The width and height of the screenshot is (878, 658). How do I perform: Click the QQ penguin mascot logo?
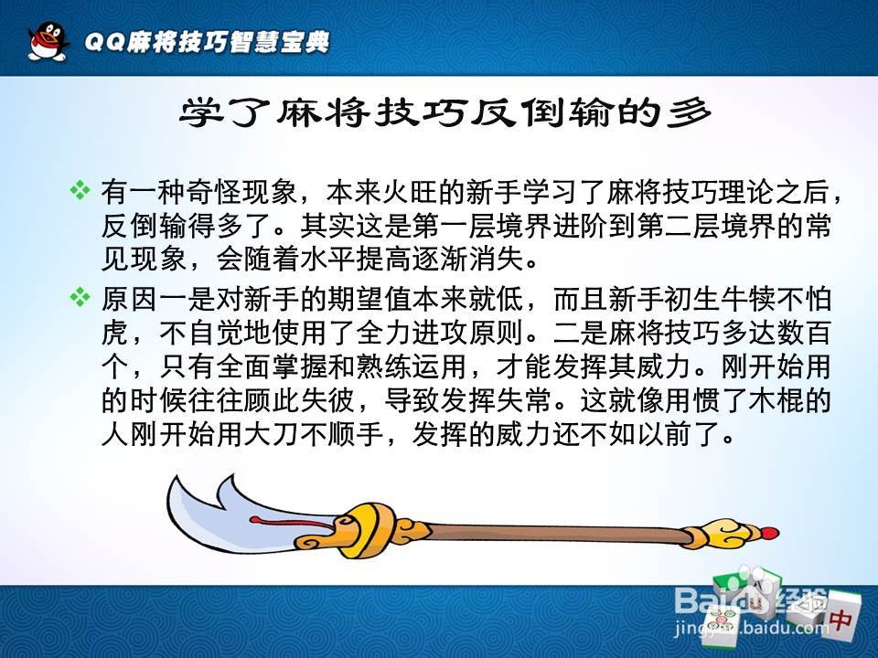[x=48, y=40]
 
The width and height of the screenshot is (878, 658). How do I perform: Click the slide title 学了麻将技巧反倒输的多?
[x=445, y=113]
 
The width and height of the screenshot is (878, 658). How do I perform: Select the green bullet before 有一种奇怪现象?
[x=80, y=191]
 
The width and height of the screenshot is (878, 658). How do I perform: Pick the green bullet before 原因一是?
[x=80, y=297]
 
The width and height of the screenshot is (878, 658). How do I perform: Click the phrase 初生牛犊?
[x=719, y=299]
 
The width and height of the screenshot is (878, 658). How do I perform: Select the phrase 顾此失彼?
[x=299, y=400]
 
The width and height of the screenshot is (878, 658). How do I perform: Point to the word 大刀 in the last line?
[x=271, y=433]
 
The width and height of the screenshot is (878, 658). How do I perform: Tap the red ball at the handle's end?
[x=770, y=532]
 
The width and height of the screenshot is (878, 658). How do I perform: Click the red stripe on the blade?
[x=291, y=524]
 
